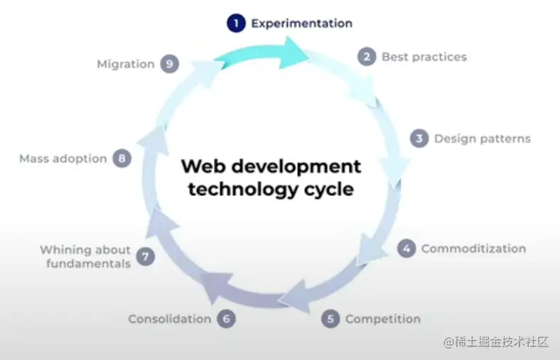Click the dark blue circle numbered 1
[x=236, y=23]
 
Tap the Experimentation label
[x=302, y=23]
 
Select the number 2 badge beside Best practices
[x=367, y=57]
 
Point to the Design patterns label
[x=483, y=138]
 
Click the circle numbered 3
[x=419, y=138]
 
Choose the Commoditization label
[x=473, y=249]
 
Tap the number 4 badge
[x=406, y=249]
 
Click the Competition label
[x=383, y=319]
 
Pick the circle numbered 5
[x=330, y=319]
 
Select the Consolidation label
[x=170, y=319]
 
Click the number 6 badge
[x=227, y=319]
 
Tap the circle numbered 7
[x=146, y=256]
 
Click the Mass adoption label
[x=63, y=159]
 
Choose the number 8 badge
[x=122, y=158]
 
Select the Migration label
[x=126, y=64]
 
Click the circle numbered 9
[x=170, y=64]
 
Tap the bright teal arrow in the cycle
[x=262, y=53]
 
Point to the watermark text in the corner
[x=496, y=342]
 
